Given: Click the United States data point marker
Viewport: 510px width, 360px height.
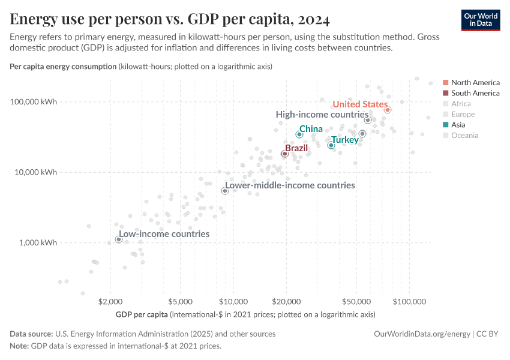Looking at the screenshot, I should point(388,110).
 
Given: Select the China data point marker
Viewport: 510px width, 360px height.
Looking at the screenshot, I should point(299,134).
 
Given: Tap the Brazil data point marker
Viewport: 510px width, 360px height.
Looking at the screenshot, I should point(285,154).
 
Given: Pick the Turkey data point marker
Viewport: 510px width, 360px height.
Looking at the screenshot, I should point(331,145).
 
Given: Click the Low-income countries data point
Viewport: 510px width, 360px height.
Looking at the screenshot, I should point(119,239).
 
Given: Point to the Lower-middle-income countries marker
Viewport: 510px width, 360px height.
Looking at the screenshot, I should point(225,191).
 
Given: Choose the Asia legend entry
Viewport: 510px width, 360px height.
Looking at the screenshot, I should point(458,125).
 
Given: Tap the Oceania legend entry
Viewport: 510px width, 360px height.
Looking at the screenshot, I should point(464,136).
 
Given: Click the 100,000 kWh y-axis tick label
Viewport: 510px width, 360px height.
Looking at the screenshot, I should point(34,101).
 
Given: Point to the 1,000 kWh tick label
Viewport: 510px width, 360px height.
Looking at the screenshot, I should point(37,243).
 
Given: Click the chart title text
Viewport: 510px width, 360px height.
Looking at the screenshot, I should point(170,19).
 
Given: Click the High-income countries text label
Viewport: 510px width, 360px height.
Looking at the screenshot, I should point(322,114).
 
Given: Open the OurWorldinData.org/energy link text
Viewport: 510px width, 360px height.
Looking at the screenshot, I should point(422,334).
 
